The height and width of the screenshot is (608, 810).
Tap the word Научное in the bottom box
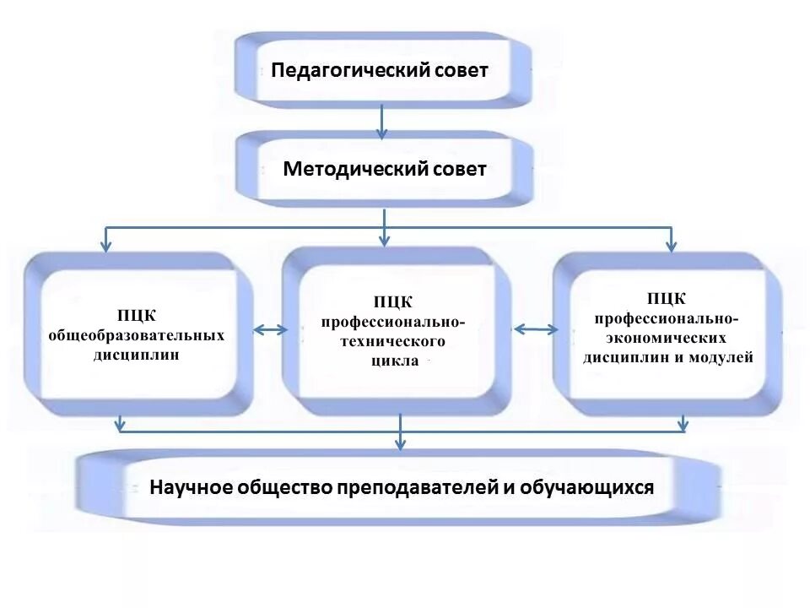pyautogui.click(x=191, y=488)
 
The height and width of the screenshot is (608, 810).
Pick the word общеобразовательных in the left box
pyautogui.click(x=136, y=335)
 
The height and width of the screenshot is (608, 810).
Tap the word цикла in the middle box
pyautogui.click(x=394, y=361)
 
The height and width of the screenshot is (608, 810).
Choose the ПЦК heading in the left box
pyautogui.click(x=136, y=317)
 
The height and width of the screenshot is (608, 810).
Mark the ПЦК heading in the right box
pyautogui.click(x=666, y=299)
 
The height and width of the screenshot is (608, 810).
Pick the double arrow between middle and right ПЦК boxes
pyautogui.click(x=533, y=330)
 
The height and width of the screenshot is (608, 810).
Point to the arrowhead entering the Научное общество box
pyautogui.click(x=401, y=444)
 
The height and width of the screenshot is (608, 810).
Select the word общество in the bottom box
pyautogui.click(x=281, y=488)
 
